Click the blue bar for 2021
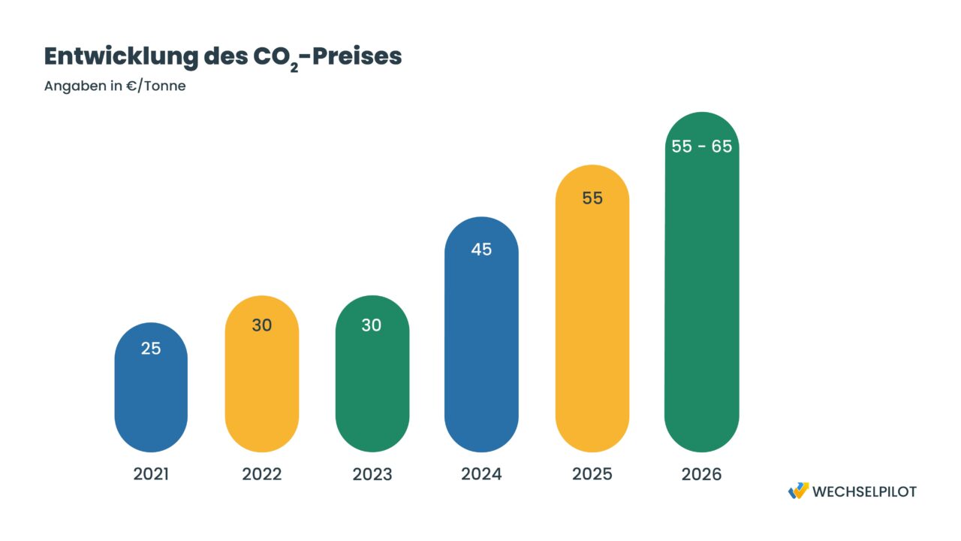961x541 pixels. [x=151, y=398]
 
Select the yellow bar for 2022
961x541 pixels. [x=261, y=383]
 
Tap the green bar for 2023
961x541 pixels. [x=372, y=383]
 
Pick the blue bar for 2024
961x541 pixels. [x=481, y=346]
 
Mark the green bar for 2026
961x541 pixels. [x=701, y=293]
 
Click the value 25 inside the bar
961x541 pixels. [x=151, y=349]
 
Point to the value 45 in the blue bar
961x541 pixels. [x=481, y=249]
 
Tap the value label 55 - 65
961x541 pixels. [x=701, y=147]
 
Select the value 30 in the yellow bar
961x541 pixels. [x=261, y=325]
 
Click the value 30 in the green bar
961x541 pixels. [x=372, y=325]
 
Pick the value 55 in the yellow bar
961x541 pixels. [x=592, y=198]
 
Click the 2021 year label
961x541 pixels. [x=151, y=474]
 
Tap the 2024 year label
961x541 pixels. [x=481, y=474]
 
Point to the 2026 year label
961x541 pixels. [x=701, y=474]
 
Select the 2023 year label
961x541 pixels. [x=372, y=474]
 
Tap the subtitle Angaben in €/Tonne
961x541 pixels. [x=115, y=86]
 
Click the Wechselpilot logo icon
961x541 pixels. [x=798, y=491]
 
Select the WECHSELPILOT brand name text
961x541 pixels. [x=864, y=491]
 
